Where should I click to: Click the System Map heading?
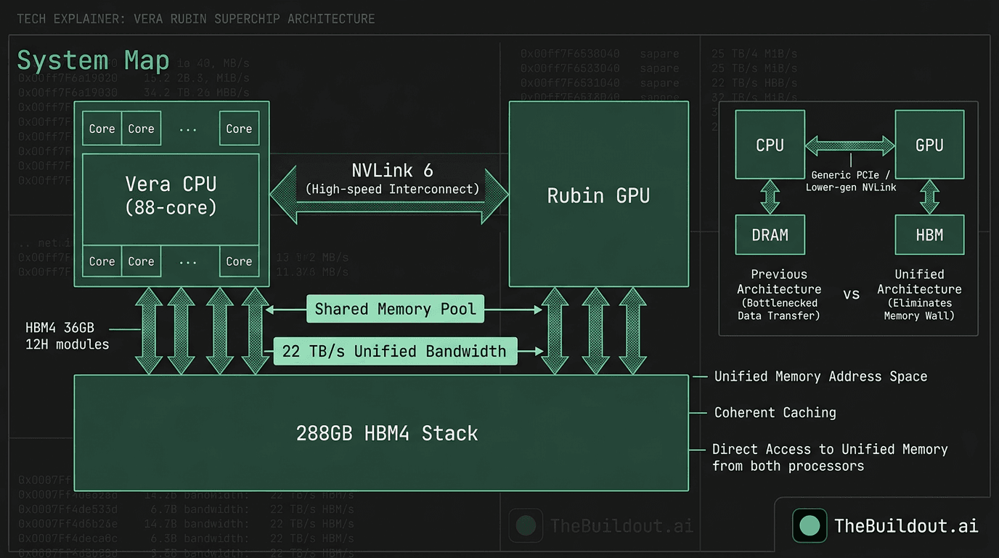click(93, 60)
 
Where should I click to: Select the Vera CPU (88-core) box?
click(171, 195)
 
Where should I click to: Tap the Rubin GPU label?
click(598, 195)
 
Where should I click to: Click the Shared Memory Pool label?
click(395, 310)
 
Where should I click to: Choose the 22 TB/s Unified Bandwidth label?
click(394, 352)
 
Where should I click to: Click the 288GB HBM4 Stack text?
click(386, 434)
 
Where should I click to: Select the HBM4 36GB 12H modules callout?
click(67, 336)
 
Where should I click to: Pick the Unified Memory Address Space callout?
click(820, 376)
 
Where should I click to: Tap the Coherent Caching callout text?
click(775, 413)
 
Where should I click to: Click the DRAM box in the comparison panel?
click(770, 235)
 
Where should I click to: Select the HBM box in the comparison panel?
click(929, 235)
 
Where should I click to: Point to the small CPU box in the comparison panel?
click(770, 145)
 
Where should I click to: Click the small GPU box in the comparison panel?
click(929, 145)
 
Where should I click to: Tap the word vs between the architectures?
click(851, 295)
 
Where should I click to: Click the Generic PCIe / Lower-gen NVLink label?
click(850, 181)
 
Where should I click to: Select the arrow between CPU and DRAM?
click(770, 197)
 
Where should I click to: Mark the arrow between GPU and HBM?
click(929, 197)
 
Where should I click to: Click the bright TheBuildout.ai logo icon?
click(809, 525)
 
